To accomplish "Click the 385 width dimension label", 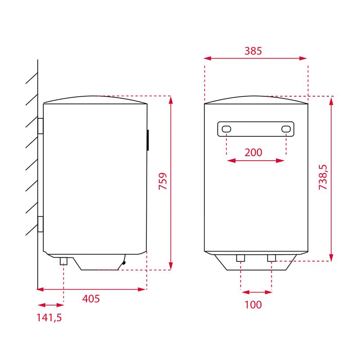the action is (x=253, y=51).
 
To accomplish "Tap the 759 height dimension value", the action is (x=163, y=181).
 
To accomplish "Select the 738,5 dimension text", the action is (x=323, y=177).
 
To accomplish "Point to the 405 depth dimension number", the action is (x=91, y=299).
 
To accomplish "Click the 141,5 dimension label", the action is (x=49, y=318).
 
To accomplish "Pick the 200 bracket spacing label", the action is (x=253, y=153).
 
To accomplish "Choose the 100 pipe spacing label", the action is (x=253, y=305).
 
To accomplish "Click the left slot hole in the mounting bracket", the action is (x=226, y=129).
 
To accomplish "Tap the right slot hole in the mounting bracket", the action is (x=286, y=129).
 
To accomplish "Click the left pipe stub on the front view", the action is (x=241, y=258).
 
